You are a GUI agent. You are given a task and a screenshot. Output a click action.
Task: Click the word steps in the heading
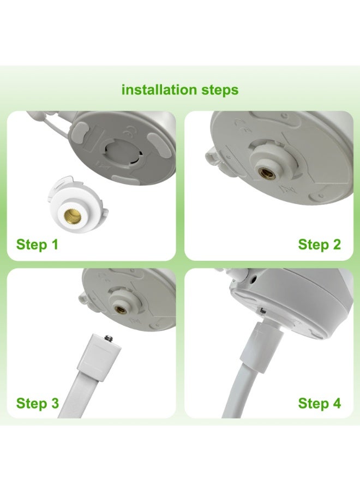(220, 91)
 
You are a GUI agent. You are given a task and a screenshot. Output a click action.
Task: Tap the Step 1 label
(37, 244)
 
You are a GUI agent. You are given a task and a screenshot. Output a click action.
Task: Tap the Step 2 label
(319, 244)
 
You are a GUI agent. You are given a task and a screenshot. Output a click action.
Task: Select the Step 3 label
(37, 403)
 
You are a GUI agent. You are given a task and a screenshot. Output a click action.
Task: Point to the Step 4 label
(319, 403)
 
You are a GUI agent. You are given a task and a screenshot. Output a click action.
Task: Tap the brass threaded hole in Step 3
(121, 310)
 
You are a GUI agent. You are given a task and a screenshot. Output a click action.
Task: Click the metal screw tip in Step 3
(109, 338)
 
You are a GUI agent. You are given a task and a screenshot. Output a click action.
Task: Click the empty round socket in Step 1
(122, 152)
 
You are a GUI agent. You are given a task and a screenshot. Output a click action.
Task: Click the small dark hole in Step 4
(253, 278)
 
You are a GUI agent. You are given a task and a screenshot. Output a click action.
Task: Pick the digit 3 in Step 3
(55, 403)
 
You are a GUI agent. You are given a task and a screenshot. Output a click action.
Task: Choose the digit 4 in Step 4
(337, 403)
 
